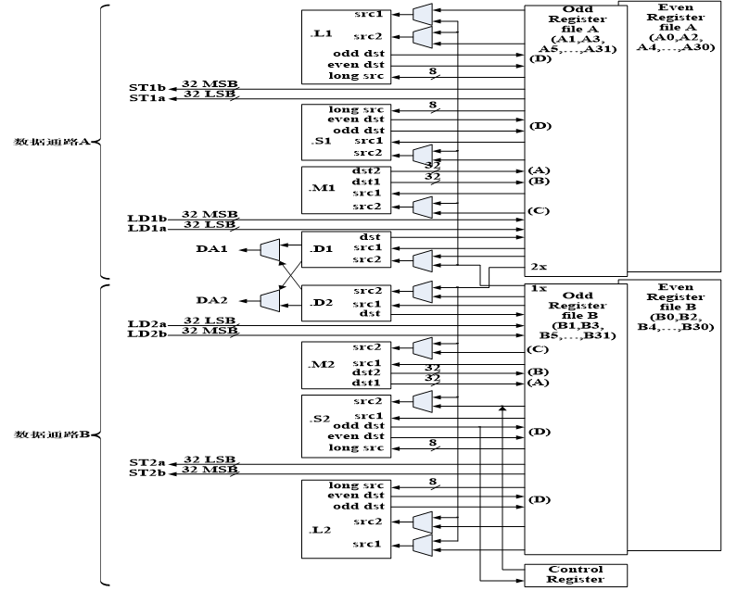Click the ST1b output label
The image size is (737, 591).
(146, 87)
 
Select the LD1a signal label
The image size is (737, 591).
(146, 228)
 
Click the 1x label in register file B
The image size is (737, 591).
(537, 288)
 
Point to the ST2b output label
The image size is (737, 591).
(146, 472)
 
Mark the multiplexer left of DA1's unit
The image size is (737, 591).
(270, 249)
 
